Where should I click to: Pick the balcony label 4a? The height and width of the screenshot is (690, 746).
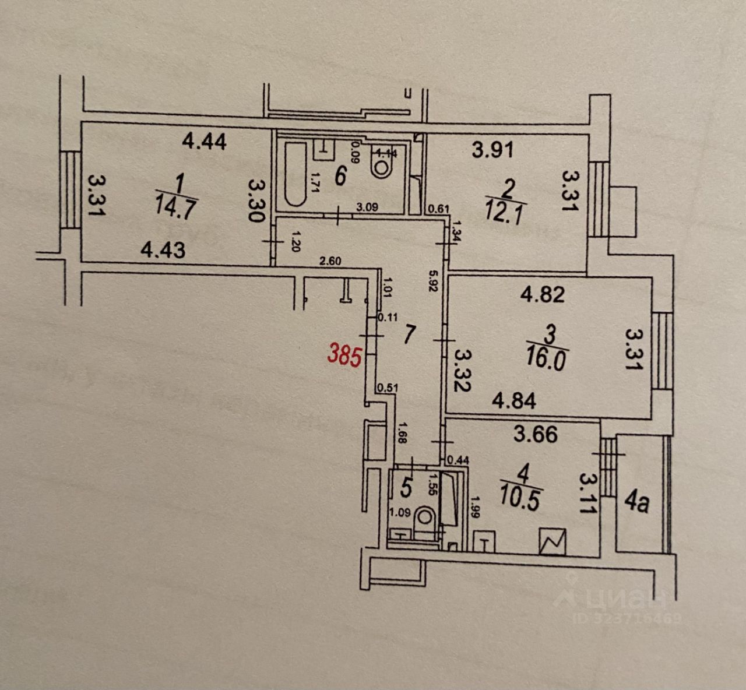tap(637, 502)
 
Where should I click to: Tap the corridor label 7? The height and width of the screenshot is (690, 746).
tap(410, 335)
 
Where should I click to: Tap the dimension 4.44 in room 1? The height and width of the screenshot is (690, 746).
tap(204, 141)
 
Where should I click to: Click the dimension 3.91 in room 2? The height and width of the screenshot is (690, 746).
tap(492, 150)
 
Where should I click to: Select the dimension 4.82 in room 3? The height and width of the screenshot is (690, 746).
tap(542, 294)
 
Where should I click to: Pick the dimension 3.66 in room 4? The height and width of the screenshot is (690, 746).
tap(536, 434)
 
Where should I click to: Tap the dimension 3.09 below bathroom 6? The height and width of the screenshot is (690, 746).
tap(367, 206)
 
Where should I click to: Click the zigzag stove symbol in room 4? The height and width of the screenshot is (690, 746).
tap(553, 542)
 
